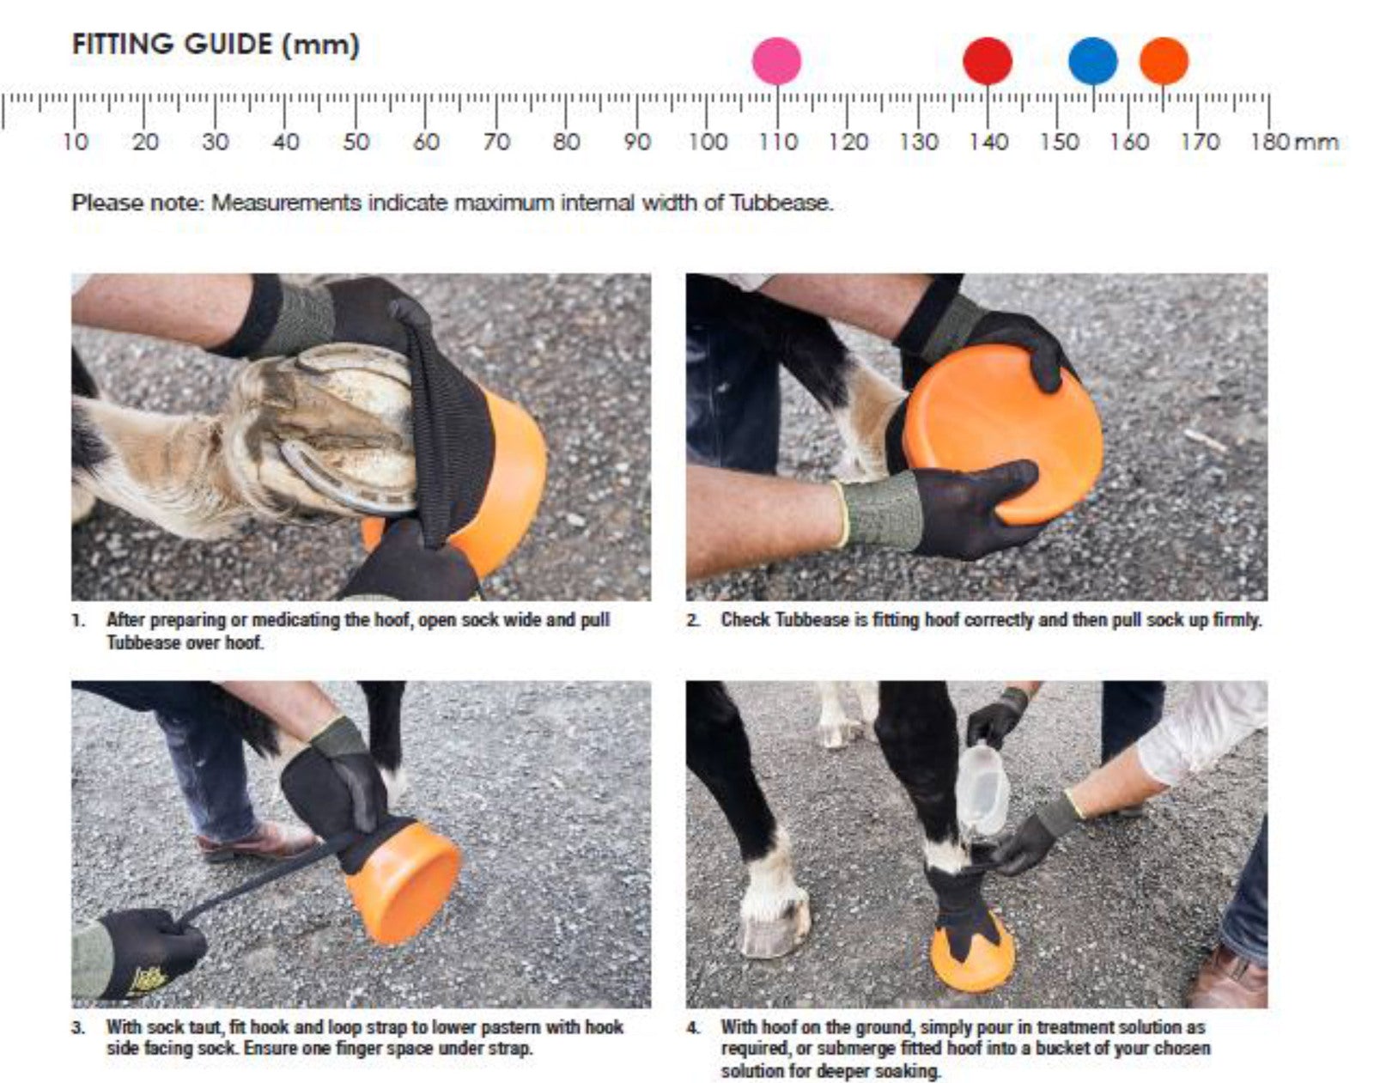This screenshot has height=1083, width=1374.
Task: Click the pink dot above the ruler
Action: pos(776,61)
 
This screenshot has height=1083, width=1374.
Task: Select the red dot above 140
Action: pos(988,61)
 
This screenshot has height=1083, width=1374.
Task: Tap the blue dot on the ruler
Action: pos(1093,61)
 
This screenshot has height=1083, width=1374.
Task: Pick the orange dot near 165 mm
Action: pos(1164,61)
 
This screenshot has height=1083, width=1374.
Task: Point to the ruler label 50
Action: pos(356,141)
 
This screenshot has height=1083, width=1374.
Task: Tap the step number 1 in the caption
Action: pos(78,620)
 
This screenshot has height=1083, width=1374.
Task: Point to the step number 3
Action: pos(78,1027)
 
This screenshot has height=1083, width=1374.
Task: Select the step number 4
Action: pos(693,1027)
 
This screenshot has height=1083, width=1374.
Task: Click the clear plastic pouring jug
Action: pos(983,789)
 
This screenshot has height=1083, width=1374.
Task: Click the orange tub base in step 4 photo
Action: pos(972,955)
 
